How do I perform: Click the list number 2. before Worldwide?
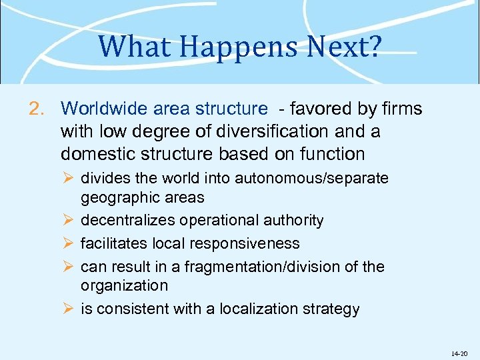coord(38,108)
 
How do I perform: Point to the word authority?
coord(293,220)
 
